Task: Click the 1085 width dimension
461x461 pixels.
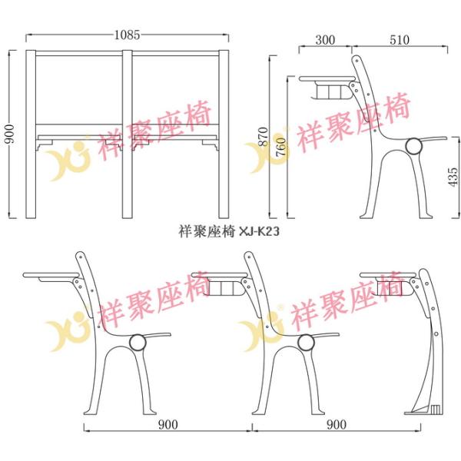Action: point(127,35)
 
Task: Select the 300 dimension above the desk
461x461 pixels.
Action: point(325,40)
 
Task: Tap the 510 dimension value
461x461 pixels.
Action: point(400,40)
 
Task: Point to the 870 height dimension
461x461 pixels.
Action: point(264,137)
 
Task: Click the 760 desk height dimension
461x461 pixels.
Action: point(281,147)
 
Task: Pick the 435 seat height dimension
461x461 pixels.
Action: point(453,177)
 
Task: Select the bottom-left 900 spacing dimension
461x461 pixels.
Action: point(168,425)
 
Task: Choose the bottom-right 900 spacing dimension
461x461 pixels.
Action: point(337,425)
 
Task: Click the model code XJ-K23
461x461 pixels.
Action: point(260,232)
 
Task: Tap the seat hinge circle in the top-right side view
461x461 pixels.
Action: point(413,146)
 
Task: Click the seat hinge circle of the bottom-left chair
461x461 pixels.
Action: point(138,342)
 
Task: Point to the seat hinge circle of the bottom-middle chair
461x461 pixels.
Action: point(306,342)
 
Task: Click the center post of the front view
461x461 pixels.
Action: point(128,134)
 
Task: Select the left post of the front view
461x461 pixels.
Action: point(31,134)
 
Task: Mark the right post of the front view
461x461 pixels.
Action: point(224,134)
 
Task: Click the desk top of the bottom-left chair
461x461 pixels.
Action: point(51,275)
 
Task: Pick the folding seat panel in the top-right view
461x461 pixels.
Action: point(433,138)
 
